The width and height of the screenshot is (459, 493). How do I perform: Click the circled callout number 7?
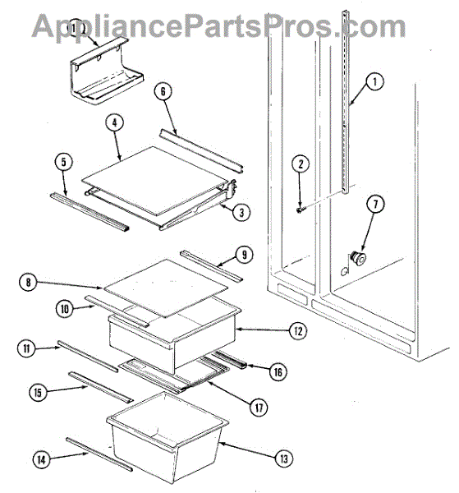375,204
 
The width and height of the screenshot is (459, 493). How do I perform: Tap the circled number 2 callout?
301,164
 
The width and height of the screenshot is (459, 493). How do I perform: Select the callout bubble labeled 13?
284,458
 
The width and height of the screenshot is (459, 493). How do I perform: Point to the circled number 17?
259,408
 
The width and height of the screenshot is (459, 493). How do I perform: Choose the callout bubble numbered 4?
114,122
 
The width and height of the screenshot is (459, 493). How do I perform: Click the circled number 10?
64,309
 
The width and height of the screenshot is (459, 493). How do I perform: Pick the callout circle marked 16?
278,372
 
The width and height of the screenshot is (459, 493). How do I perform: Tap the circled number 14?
42,460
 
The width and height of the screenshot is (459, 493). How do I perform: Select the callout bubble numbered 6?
163,91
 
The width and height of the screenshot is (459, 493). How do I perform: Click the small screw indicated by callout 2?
300,210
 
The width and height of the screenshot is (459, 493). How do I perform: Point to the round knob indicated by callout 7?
357,259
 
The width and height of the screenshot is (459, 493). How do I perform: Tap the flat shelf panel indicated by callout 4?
154,181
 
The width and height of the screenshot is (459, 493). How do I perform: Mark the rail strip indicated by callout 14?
99,454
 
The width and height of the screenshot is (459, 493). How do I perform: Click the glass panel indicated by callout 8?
164,288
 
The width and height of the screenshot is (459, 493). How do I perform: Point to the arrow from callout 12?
262,329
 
